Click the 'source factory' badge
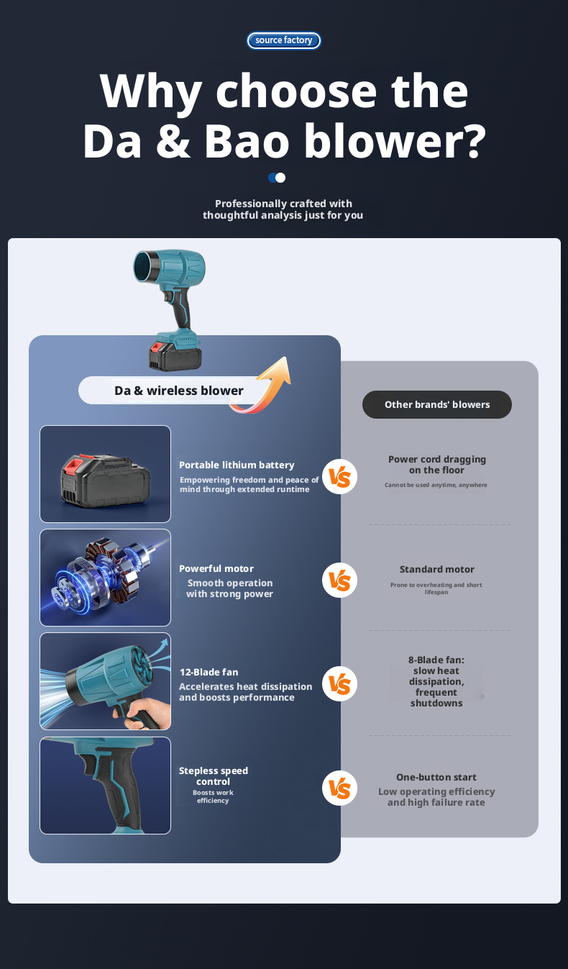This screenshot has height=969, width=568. (283, 40)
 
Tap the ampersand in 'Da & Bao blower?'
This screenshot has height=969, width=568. (173, 140)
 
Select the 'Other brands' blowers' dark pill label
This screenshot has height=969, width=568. (437, 404)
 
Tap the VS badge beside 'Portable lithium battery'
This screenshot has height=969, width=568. (339, 477)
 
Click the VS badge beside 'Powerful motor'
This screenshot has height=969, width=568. (339, 580)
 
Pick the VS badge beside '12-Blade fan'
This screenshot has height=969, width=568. (339, 684)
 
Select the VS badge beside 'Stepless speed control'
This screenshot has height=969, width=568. (339, 788)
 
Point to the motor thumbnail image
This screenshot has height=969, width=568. (105, 578)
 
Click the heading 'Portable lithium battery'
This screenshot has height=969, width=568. (237, 465)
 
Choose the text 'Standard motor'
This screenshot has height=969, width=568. (436, 569)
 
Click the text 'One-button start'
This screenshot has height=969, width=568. (436, 778)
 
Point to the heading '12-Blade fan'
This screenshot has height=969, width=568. (209, 672)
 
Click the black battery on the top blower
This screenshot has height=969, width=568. (175, 355)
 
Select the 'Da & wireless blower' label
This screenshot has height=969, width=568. (178, 391)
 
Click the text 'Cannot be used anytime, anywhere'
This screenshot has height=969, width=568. (436, 485)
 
